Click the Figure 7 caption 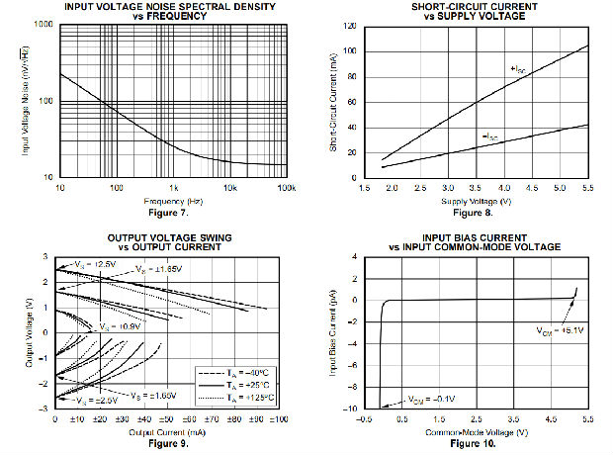(172, 212)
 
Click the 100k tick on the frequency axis (287, 189)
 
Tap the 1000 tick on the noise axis (42, 23)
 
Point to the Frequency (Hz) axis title (172, 200)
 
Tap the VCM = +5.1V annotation (559, 330)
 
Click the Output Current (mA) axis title (166, 431)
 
